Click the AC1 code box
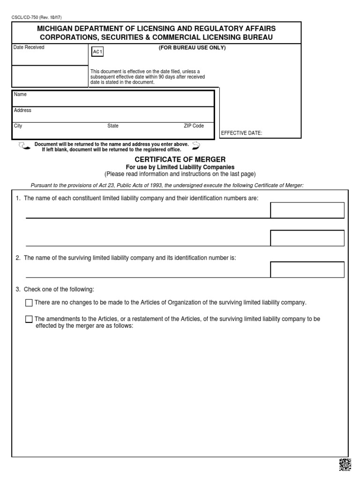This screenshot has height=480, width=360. click(x=97, y=52)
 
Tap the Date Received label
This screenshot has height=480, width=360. click(x=29, y=48)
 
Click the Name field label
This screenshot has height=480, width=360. click(x=20, y=95)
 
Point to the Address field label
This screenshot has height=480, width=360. click(x=22, y=111)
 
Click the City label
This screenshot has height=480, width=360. click(x=18, y=126)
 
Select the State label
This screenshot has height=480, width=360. click(x=113, y=126)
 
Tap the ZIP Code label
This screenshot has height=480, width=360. click(x=194, y=126)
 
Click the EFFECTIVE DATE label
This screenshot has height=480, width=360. click(x=241, y=133)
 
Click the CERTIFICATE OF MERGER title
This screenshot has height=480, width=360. click(x=180, y=159)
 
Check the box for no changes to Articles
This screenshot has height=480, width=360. click(x=29, y=303)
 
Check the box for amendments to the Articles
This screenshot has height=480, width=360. click(x=29, y=319)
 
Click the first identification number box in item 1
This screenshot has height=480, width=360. click(x=307, y=210)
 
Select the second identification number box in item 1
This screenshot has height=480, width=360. click(x=307, y=238)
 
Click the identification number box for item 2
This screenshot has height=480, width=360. click(x=307, y=270)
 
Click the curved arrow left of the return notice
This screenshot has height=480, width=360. click(x=23, y=146)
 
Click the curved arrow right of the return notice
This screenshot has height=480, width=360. click(x=196, y=145)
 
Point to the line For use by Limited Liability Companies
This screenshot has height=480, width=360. click(x=180, y=167)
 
